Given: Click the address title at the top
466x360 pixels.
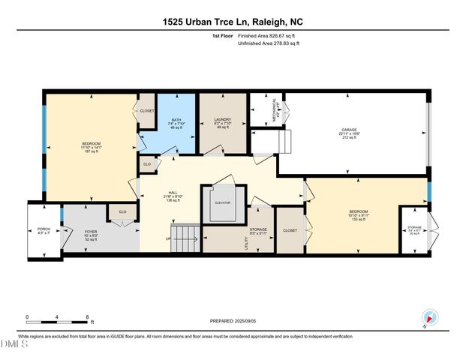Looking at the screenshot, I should tap(233, 22).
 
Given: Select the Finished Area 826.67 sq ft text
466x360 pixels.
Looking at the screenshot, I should tap(268, 36).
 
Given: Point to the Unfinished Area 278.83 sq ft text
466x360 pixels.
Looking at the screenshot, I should tap(268, 44).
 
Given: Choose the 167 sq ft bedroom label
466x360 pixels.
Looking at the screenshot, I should tap(92, 147).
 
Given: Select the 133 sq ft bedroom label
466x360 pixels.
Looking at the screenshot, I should tap(358, 215).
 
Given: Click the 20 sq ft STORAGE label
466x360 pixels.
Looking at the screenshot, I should tap(414, 229).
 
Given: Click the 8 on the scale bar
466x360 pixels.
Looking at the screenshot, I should tap(88, 316).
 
